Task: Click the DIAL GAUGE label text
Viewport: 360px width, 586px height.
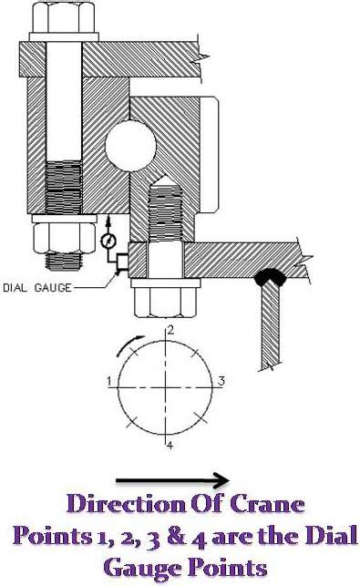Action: pos(37,287)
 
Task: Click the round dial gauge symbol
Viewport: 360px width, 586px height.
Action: pos(108,241)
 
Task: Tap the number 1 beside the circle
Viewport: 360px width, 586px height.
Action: pos(108,381)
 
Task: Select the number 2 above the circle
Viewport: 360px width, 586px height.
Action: pos(170,330)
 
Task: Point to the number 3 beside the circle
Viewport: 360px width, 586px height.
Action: pos(221,381)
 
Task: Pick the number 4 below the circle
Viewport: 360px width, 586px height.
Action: pos(170,445)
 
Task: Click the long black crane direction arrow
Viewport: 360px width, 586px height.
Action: pos(172,480)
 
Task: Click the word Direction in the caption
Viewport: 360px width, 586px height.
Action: pos(126,504)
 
